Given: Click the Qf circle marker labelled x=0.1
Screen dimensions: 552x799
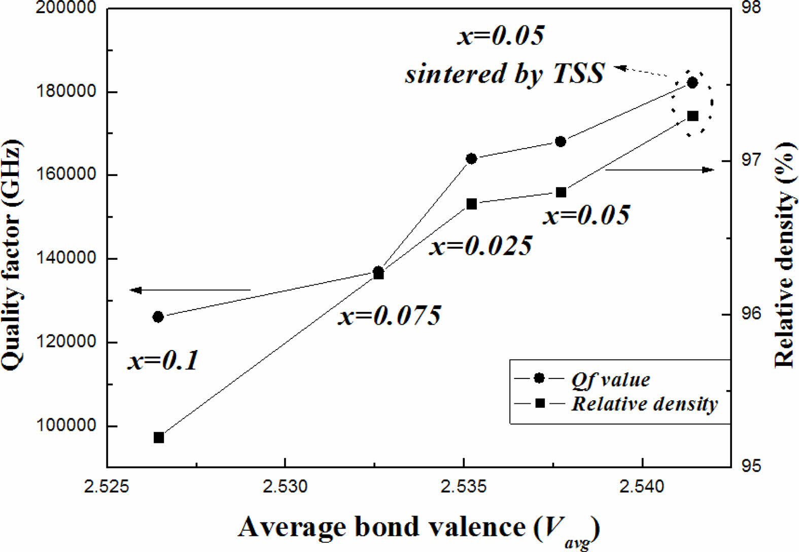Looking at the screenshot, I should (x=158, y=317).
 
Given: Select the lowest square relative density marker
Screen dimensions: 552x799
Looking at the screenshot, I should (x=159, y=437).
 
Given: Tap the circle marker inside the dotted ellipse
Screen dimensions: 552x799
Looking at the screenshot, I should (x=692, y=83).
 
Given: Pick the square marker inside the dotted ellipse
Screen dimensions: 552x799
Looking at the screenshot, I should (x=693, y=116).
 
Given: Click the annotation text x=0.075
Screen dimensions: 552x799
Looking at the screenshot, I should (x=390, y=316).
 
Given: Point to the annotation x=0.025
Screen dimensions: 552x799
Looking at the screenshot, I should (x=481, y=246).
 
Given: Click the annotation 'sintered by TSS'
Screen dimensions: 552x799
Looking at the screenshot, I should (x=505, y=73).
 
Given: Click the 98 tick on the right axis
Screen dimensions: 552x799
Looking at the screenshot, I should (x=752, y=8).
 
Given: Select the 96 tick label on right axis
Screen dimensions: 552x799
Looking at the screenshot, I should (x=752, y=314).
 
